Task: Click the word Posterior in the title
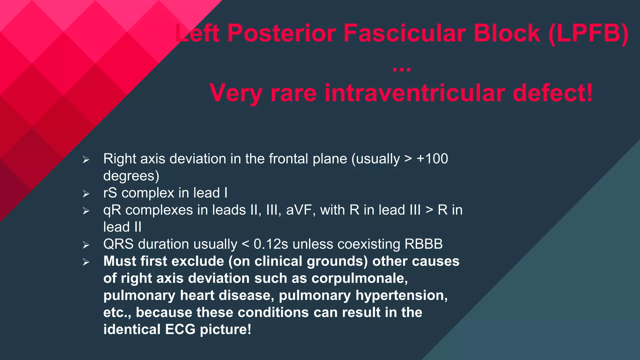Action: coord(281,33)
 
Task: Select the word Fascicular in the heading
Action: coord(404,33)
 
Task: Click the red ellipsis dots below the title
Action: coord(402,69)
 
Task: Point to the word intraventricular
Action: coord(415,93)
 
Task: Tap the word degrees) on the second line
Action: coord(131,176)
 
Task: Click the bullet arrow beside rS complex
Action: coord(86,194)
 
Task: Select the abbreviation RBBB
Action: coord(423,244)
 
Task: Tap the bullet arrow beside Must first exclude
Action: coord(86,262)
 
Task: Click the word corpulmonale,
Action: coord(359,278)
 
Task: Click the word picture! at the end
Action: coord(225,329)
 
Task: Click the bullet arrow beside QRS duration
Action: coord(86,245)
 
